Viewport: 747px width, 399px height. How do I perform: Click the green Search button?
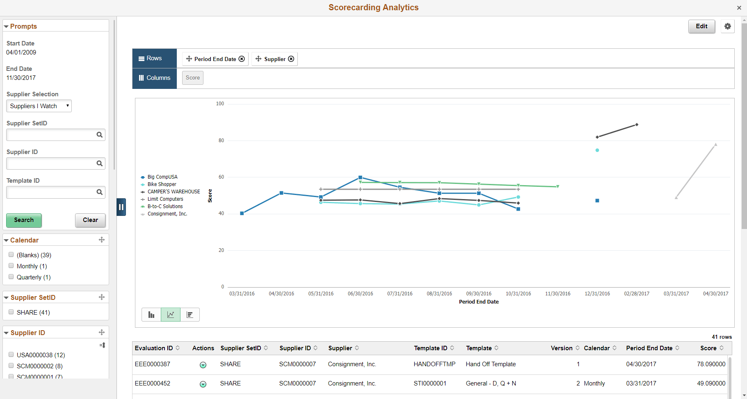pyautogui.click(x=24, y=220)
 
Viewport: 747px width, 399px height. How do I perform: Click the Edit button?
pyautogui.click(x=701, y=26)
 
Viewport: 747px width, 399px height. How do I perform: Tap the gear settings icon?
pyautogui.click(x=727, y=26)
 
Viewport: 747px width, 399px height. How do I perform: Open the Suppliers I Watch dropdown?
pyautogui.click(x=39, y=106)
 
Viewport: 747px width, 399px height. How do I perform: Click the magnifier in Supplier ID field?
pyautogui.click(x=99, y=163)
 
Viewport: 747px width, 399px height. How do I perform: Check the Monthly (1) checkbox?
pyautogui.click(x=11, y=266)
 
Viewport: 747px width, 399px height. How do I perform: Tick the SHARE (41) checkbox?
pyautogui.click(x=11, y=312)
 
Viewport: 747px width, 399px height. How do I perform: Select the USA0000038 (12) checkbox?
pyautogui.click(x=11, y=355)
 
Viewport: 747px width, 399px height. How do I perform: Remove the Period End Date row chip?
pyautogui.click(x=242, y=59)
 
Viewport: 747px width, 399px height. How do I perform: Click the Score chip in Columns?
pyautogui.click(x=192, y=78)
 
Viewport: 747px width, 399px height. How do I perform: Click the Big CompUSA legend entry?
pyautogui.click(x=162, y=177)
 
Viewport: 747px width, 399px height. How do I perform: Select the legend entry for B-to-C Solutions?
pyautogui.click(x=165, y=206)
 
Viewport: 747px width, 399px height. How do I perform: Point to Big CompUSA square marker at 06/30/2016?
pyautogui.click(x=360, y=177)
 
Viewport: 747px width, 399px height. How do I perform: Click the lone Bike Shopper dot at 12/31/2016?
pyautogui.click(x=597, y=150)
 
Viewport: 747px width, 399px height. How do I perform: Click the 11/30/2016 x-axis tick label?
pyautogui.click(x=557, y=294)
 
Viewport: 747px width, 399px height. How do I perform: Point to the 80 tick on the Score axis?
pyautogui.click(x=221, y=141)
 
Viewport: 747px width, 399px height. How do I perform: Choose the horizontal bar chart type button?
pyautogui.click(x=190, y=315)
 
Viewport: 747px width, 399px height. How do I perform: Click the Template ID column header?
pyautogui.click(x=430, y=348)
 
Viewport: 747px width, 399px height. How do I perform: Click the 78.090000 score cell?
pyautogui.click(x=711, y=364)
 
